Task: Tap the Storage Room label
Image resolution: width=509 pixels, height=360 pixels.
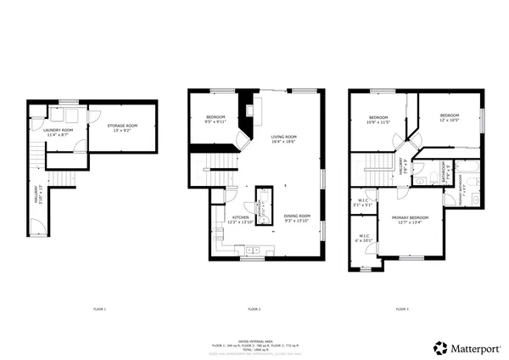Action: pyautogui.click(x=125, y=127)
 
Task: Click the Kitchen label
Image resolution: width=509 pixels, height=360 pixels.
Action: pyautogui.click(x=241, y=219)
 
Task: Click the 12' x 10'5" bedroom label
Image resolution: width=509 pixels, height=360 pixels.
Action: pyautogui.click(x=449, y=117)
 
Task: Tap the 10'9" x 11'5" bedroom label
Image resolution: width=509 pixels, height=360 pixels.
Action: pyautogui.click(x=378, y=120)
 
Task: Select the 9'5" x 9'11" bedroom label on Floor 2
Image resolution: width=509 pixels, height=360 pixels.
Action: pyautogui.click(x=215, y=120)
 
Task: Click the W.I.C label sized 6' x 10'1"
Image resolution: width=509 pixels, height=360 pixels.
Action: pyautogui.click(x=363, y=239)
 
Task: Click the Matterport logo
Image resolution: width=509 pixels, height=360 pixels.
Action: pyautogui.click(x=467, y=347)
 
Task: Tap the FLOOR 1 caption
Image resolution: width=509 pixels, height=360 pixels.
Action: pyautogui.click(x=99, y=308)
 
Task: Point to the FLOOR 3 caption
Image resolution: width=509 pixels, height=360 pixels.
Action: pyautogui.click(x=402, y=308)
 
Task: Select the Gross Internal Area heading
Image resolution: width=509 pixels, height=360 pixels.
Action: pyautogui.click(x=254, y=337)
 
